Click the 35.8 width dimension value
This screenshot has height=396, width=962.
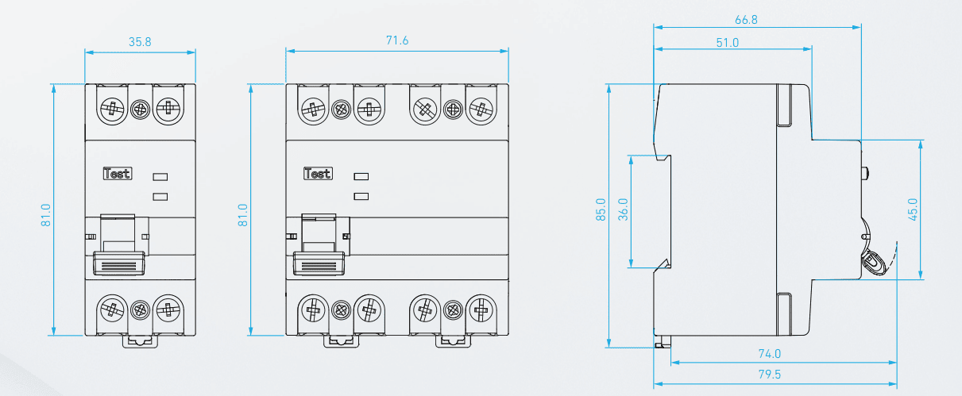140,42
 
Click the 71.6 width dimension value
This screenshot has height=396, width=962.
396,40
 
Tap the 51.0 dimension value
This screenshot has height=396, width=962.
727,42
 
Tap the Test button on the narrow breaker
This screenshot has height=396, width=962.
118,173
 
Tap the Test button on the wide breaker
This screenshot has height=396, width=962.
318,173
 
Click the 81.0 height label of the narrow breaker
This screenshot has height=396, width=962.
46,215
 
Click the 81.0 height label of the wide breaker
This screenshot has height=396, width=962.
243,215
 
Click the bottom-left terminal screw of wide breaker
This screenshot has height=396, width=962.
314,309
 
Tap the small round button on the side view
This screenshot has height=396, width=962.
866,172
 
